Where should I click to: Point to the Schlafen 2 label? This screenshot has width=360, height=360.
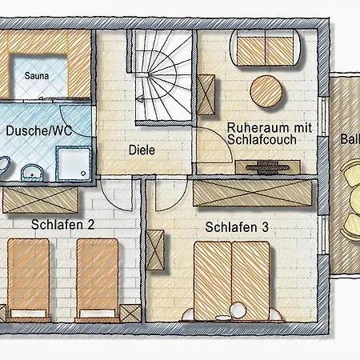coord(63,225)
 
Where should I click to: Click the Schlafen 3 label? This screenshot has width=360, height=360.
coord(236,227)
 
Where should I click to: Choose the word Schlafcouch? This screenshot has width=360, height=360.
coord(262,139)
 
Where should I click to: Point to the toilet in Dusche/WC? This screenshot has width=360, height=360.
coord(4,168)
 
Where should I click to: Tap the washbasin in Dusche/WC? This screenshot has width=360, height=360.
coord(32,170)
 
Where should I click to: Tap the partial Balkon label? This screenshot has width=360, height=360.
coord(349,138)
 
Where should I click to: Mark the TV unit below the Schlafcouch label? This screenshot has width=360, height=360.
coord(268,166)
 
